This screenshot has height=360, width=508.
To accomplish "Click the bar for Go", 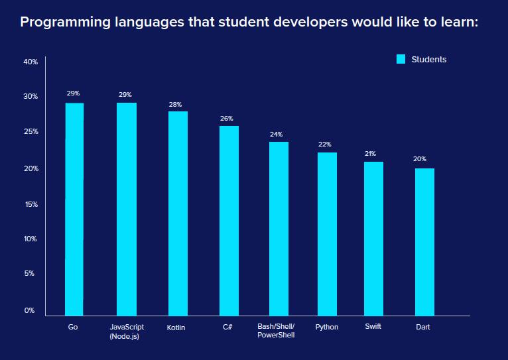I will point(74,209).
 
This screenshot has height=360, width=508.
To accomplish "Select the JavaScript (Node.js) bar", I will point(127,209).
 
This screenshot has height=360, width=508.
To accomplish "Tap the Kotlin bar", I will point(178,213).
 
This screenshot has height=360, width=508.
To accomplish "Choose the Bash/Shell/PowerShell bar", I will point(279,228).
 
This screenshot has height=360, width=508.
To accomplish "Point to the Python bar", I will point(327,233).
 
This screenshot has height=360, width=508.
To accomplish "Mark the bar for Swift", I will point(373,238).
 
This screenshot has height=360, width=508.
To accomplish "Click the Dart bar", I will point(424,241).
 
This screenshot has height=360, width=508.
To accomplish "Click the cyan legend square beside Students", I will point(401,59).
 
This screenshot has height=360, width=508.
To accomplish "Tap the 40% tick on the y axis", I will point(31,62).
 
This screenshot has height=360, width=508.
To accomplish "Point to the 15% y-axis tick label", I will point(31,204).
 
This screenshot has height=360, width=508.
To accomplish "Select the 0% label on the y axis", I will point(31,310).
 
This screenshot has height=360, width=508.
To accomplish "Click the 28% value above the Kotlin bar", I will point(175,105).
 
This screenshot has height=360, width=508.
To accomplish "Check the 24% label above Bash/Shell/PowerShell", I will point(276,135).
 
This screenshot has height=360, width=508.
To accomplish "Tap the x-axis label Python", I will point(327,327).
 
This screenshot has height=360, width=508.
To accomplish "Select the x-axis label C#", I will point(228,327).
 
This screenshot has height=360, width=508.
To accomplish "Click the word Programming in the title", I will point(63,23).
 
